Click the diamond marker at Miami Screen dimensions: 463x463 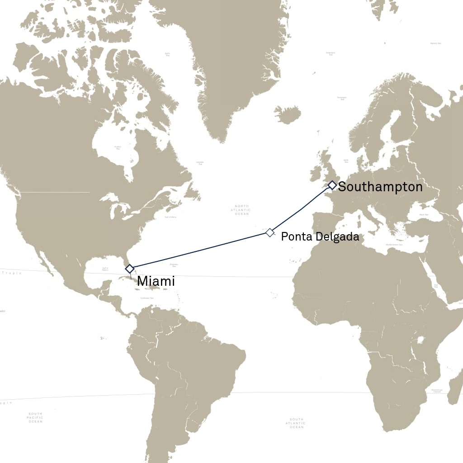(x=130, y=269)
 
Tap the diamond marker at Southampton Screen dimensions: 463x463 (x=332, y=185)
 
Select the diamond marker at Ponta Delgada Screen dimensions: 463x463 (x=269, y=232)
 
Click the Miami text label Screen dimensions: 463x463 (x=156, y=281)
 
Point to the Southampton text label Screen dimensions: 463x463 (x=380, y=187)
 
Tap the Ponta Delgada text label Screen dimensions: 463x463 (x=320, y=236)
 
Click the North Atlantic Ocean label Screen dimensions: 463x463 (x=240, y=210)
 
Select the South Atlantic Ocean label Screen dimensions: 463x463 (x=297, y=423)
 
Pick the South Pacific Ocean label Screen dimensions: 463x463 (x=35, y=417)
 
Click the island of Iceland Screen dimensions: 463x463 (x=286, y=114)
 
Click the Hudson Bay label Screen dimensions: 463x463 (x=118, y=148)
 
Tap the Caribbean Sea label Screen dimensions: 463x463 (x=146, y=298)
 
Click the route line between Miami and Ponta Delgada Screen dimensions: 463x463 (x=199, y=250)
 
